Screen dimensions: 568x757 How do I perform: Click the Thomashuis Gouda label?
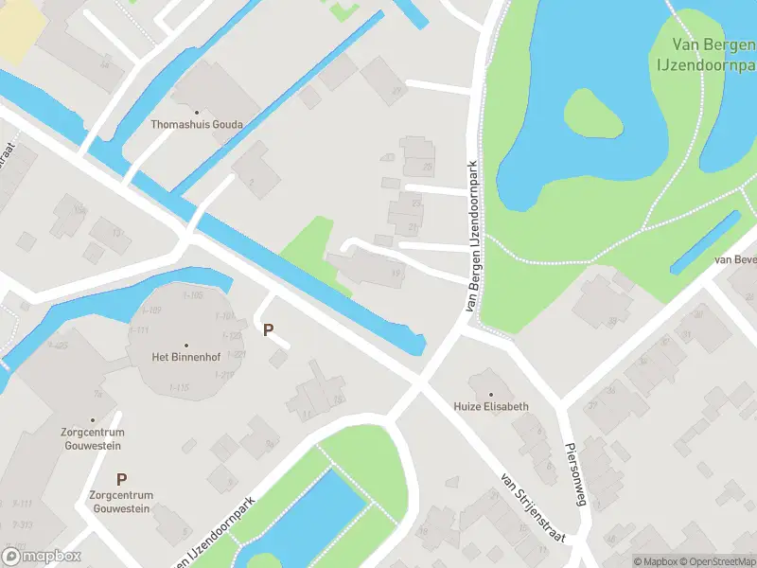point(197,124)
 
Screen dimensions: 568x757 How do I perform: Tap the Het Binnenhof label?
point(185,357)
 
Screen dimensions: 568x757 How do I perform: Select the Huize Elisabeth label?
point(491,406)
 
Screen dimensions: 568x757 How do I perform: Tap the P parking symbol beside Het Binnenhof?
point(269,330)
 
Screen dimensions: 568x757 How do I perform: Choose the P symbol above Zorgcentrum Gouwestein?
point(121,480)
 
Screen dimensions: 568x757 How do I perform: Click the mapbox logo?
point(42,556)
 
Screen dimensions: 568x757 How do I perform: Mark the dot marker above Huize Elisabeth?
point(491,393)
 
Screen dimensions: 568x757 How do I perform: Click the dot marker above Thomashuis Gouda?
point(198,112)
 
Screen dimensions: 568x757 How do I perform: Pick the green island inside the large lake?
point(593,114)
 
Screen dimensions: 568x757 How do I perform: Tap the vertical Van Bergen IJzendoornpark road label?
point(472,237)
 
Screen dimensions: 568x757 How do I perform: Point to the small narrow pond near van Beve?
point(705,242)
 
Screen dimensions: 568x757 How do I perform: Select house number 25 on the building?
point(428,168)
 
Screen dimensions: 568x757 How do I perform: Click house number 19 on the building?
point(396,274)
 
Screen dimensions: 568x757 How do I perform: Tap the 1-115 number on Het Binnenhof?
point(179,387)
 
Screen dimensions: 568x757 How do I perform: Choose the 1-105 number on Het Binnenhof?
point(192,295)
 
